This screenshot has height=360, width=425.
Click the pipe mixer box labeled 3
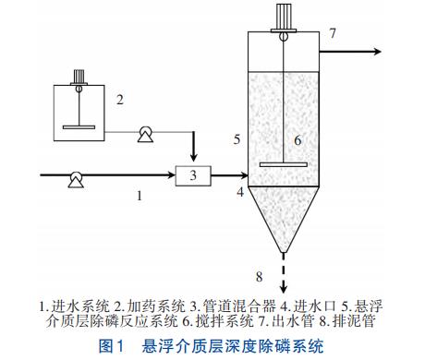click(193, 175)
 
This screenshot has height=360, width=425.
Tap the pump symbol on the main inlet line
click(76, 180)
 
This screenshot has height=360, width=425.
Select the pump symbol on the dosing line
click(145, 135)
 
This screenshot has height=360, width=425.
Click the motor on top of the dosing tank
click(79, 77)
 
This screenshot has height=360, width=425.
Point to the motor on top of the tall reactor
click(284, 18)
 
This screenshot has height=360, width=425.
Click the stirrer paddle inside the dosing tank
click(79, 127)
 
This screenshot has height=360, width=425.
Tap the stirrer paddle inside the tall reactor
click(284, 164)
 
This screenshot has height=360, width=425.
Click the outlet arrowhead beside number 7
click(378, 52)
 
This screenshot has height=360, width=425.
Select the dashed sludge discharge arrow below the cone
click(284, 273)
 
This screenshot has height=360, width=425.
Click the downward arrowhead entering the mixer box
click(193, 158)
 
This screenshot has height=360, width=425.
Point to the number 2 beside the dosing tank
click(120, 100)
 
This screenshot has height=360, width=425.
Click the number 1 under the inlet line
click(140, 196)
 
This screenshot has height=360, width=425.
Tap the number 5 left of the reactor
click(237, 139)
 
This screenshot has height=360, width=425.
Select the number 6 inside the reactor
click(297, 140)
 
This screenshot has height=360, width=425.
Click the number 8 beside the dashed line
click(260, 277)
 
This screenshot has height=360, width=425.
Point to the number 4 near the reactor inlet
click(240, 192)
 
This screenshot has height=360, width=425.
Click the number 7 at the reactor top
click(333, 33)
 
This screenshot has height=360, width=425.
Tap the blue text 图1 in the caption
click(111, 346)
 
